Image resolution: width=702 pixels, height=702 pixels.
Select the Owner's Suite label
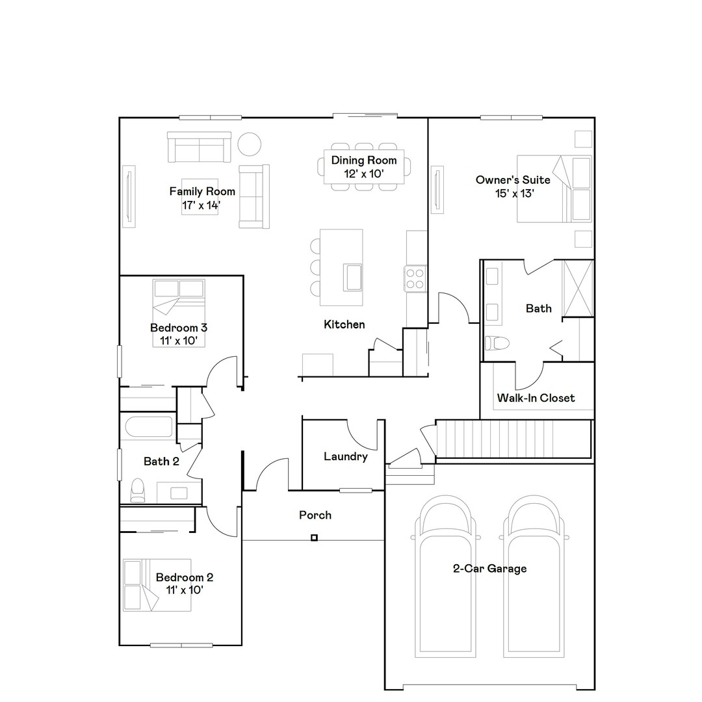point(513,186)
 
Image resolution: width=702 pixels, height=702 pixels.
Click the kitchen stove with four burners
point(415,278)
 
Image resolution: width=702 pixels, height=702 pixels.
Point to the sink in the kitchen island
point(353,277)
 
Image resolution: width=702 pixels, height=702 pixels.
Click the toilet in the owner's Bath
point(497,342)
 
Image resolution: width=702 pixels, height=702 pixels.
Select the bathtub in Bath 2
point(149,427)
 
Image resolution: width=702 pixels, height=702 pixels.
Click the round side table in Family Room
point(249,144)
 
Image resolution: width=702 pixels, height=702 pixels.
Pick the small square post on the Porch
point(314,538)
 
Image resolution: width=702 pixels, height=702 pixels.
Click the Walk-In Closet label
point(536,398)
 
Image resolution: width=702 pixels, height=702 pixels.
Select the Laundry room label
point(346,456)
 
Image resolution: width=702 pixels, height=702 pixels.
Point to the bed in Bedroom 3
point(179,313)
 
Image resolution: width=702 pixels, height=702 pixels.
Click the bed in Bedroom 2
point(157,584)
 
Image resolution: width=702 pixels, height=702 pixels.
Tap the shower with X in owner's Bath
point(577,288)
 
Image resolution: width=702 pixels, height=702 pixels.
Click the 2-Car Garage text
point(489,569)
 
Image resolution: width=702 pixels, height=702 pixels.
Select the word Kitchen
point(344,324)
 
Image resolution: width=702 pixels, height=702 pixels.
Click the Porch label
point(315,515)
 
